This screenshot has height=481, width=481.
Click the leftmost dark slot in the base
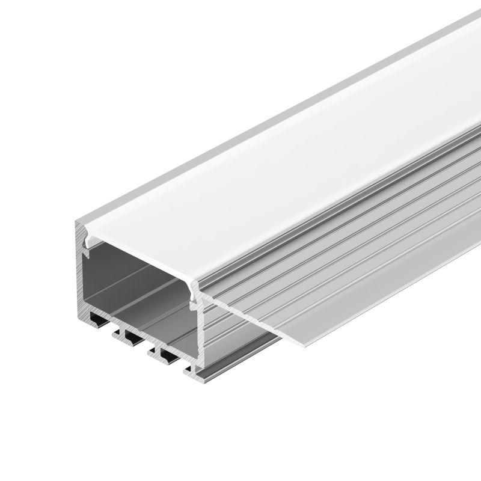point(97,316)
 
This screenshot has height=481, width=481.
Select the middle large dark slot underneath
point(133,332)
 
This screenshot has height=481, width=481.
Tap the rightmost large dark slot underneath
point(170,351)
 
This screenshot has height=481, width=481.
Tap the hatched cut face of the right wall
point(199,337)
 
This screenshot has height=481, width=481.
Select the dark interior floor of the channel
point(144,307)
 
